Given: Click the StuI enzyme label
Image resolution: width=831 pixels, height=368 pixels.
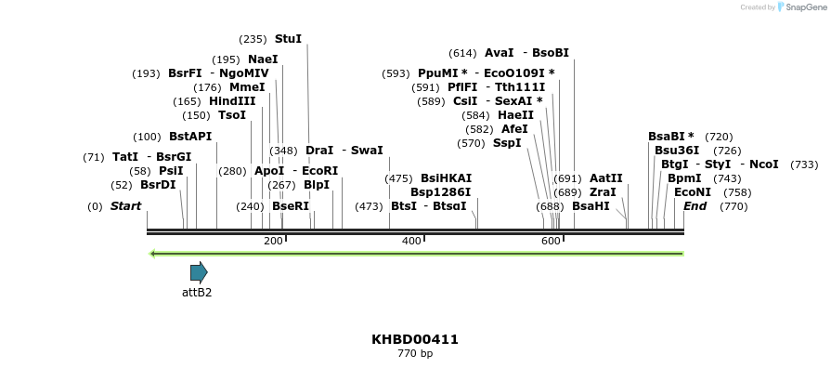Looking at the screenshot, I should pyautogui.click(x=288, y=39).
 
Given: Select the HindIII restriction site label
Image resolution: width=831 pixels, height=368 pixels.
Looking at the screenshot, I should pyautogui.click(x=232, y=101).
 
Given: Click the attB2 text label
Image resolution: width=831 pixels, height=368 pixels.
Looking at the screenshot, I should pyautogui.click(x=197, y=293).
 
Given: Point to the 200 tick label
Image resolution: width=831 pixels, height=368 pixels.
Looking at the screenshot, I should pyautogui.click(x=273, y=242).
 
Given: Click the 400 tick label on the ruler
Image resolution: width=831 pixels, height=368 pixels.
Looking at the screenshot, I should pyautogui.click(x=411, y=242).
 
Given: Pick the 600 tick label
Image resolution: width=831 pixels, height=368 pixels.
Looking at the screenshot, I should pyautogui.click(x=551, y=242).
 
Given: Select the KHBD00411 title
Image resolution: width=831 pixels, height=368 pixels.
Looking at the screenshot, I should pyautogui.click(x=415, y=339).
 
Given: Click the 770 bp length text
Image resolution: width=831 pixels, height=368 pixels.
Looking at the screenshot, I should pyautogui.click(x=415, y=354).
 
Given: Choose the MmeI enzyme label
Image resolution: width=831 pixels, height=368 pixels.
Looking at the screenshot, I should pyautogui.click(x=247, y=87).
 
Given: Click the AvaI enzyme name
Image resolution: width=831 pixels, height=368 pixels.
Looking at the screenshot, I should pyautogui.click(x=499, y=53).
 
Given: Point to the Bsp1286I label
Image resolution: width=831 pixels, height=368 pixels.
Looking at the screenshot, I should pyautogui.click(x=441, y=192).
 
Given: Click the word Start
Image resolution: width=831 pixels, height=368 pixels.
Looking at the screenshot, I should pyautogui.click(x=126, y=206).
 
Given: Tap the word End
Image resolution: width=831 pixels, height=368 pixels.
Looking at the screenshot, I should pyautogui.click(x=695, y=206).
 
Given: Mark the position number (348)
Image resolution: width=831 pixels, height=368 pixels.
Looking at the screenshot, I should pyautogui.click(x=283, y=151).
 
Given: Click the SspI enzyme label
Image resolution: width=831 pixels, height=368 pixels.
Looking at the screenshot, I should pyautogui.click(x=507, y=143).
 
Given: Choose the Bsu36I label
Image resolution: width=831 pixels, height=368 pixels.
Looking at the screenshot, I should pyautogui.click(x=677, y=151).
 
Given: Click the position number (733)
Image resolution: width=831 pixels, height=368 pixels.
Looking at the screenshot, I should pyautogui.click(x=804, y=164).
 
